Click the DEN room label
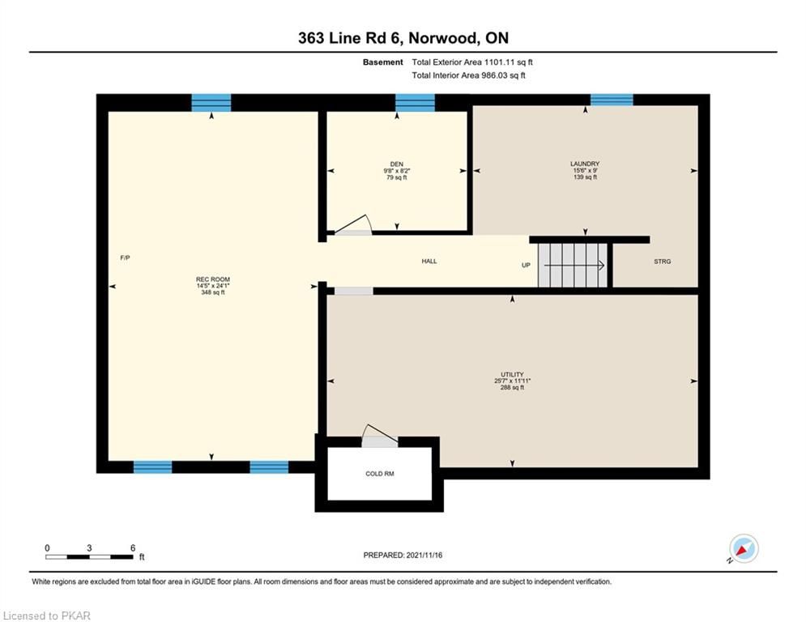(397, 164)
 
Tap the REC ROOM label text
(213, 279)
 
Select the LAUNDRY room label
(585, 164)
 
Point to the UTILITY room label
(512, 374)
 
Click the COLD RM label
(380, 474)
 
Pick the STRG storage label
(662, 262)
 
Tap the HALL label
(429, 261)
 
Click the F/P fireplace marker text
(125, 258)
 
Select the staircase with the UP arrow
(573, 266)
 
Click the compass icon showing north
(744, 548)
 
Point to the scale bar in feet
(89, 556)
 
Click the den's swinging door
(352, 225)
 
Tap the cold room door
(380, 436)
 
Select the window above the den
(415, 103)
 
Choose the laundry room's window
(612, 100)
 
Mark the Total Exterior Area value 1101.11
(500, 62)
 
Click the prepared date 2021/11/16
(424, 555)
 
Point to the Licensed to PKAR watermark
(46, 616)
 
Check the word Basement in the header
(383, 62)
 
